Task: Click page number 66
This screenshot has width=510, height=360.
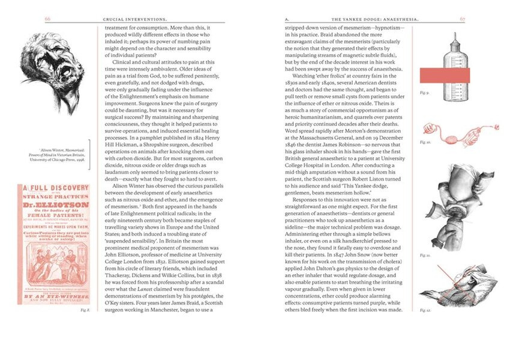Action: [47, 19]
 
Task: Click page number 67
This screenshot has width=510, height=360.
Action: [463, 19]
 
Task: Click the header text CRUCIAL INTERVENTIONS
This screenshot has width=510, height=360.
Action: [136, 19]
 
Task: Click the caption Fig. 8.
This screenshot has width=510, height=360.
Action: [85, 310]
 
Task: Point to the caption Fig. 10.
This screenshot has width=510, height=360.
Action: [425, 142]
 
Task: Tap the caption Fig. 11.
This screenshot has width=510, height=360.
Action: [425, 255]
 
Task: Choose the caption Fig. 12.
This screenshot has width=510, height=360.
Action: [425, 310]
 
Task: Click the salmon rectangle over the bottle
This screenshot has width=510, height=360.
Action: [444, 75]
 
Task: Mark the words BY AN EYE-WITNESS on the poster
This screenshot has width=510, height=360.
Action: [56, 296]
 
